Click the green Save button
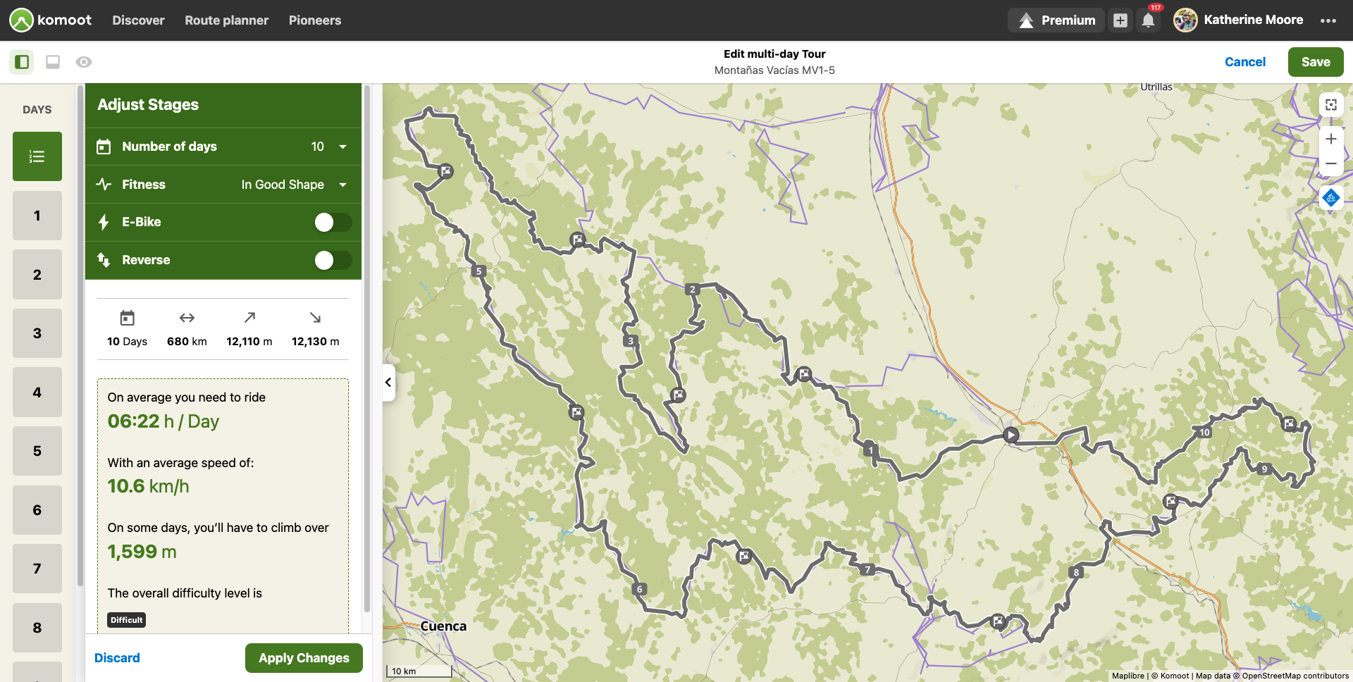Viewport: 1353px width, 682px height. [x=1315, y=62]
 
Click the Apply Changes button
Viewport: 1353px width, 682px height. [x=304, y=658]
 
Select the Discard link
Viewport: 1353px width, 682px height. [x=117, y=658]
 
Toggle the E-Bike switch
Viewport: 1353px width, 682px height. [x=333, y=223]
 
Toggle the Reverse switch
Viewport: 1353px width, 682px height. [x=333, y=261]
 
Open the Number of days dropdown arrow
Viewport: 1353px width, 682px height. [x=343, y=147]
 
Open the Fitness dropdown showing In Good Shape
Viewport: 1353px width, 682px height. [x=343, y=185]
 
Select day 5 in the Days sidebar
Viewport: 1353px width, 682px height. [x=37, y=451]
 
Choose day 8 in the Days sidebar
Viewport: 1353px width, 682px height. [x=37, y=627]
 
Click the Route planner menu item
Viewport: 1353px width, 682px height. [x=226, y=20]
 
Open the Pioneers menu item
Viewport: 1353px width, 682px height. [x=314, y=20]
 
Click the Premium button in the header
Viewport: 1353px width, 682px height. [x=1056, y=20]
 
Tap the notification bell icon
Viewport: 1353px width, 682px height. [x=1148, y=20]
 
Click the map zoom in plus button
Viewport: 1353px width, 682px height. [x=1330, y=139]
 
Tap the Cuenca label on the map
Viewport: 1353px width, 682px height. [x=443, y=626]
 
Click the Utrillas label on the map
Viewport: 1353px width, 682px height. [x=1156, y=87]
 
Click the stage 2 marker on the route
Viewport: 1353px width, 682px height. [x=692, y=289]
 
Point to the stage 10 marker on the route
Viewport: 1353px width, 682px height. [x=1204, y=432]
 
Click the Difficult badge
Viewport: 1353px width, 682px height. [x=127, y=620]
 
